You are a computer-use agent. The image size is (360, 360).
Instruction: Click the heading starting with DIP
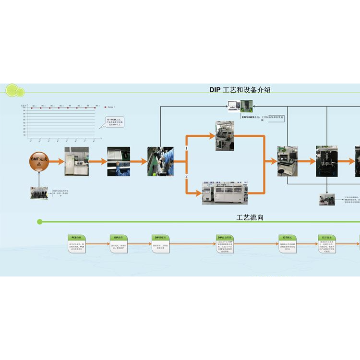[x=243, y=90]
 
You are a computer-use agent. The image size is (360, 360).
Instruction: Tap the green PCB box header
[x=77, y=238]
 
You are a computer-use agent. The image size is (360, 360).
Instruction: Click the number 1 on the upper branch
[x=186, y=149]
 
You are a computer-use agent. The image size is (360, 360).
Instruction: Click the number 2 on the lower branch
[x=186, y=177]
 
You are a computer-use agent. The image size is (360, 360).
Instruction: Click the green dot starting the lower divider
[x=40, y=222]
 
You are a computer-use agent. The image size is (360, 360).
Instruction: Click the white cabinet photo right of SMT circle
[x=77, y=161]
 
